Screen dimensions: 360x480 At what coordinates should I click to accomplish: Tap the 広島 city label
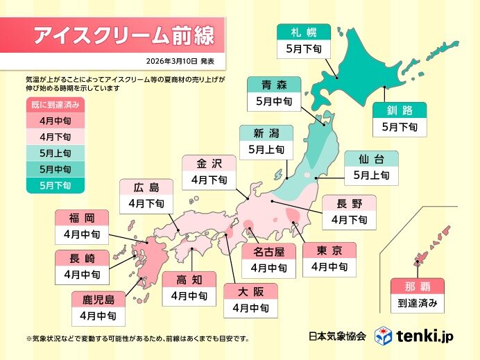(146, 187)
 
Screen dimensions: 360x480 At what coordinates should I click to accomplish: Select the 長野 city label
(348, 203)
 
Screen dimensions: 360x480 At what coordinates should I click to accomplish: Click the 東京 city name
(329, 250)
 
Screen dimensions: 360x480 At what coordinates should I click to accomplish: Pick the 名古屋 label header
(268, 250)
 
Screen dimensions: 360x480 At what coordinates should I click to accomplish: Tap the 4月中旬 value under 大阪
(250, 307)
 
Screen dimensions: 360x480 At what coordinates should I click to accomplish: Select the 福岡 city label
(81, 217)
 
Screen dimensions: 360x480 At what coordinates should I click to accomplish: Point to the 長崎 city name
(81, 257)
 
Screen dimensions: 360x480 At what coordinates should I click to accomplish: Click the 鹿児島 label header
(98, 298)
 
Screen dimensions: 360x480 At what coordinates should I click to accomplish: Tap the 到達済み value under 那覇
(417, 302)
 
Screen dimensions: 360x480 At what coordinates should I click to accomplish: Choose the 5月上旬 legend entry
(53, 153)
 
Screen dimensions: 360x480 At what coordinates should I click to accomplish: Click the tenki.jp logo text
(425, 336)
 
